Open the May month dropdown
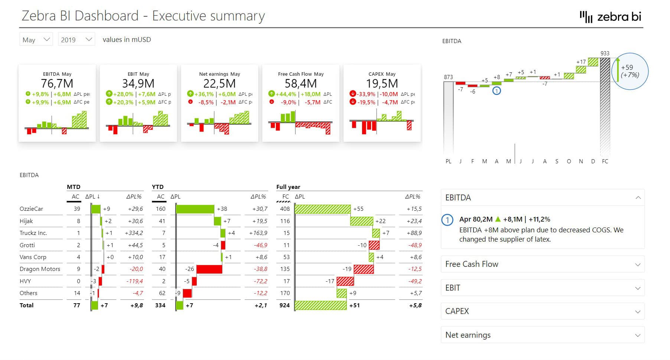coord(36,39)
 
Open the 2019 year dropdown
coord(76,39)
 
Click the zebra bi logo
coord(611,17)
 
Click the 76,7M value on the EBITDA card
coord(57,84)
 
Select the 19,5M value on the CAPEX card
coord(382,84)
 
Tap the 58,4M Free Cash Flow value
coord(300,84)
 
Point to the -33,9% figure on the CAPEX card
coord(366,94)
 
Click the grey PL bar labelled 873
coord(448,117)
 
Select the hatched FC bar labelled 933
coord(605,106)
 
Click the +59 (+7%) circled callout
coord(630,71)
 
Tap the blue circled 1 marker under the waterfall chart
coord(497,91)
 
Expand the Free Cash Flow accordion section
coord(542,264)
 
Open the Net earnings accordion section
coord(542,335)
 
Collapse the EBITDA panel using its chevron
coord(638,198)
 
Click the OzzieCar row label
coord(31,209)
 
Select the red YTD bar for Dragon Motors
coord(209,269)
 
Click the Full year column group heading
coord(288,187)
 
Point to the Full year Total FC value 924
coord(284,305)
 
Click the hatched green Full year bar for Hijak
coord(361,221)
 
